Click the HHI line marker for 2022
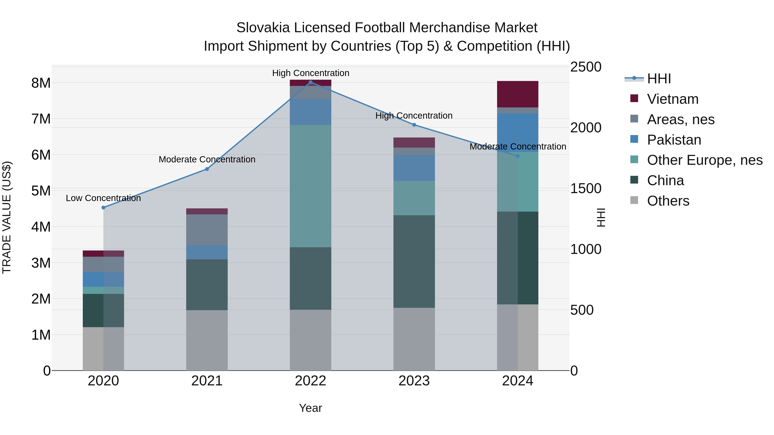tap(310, 82)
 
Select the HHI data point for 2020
tap(103, 208)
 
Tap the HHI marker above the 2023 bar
tap(414, 125)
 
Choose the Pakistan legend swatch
tap(634, 139)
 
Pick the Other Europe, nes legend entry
tap(704, 160)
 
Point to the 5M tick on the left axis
tap(41, 191)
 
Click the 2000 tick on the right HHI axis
tap(586, 128)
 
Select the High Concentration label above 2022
tap(310, 73)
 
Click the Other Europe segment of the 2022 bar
tap(310, 186)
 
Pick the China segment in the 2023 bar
tap(414, 261)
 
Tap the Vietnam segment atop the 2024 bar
tap(518, 94)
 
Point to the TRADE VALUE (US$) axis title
tap(7, 217)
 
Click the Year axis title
tap(310, 408)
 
